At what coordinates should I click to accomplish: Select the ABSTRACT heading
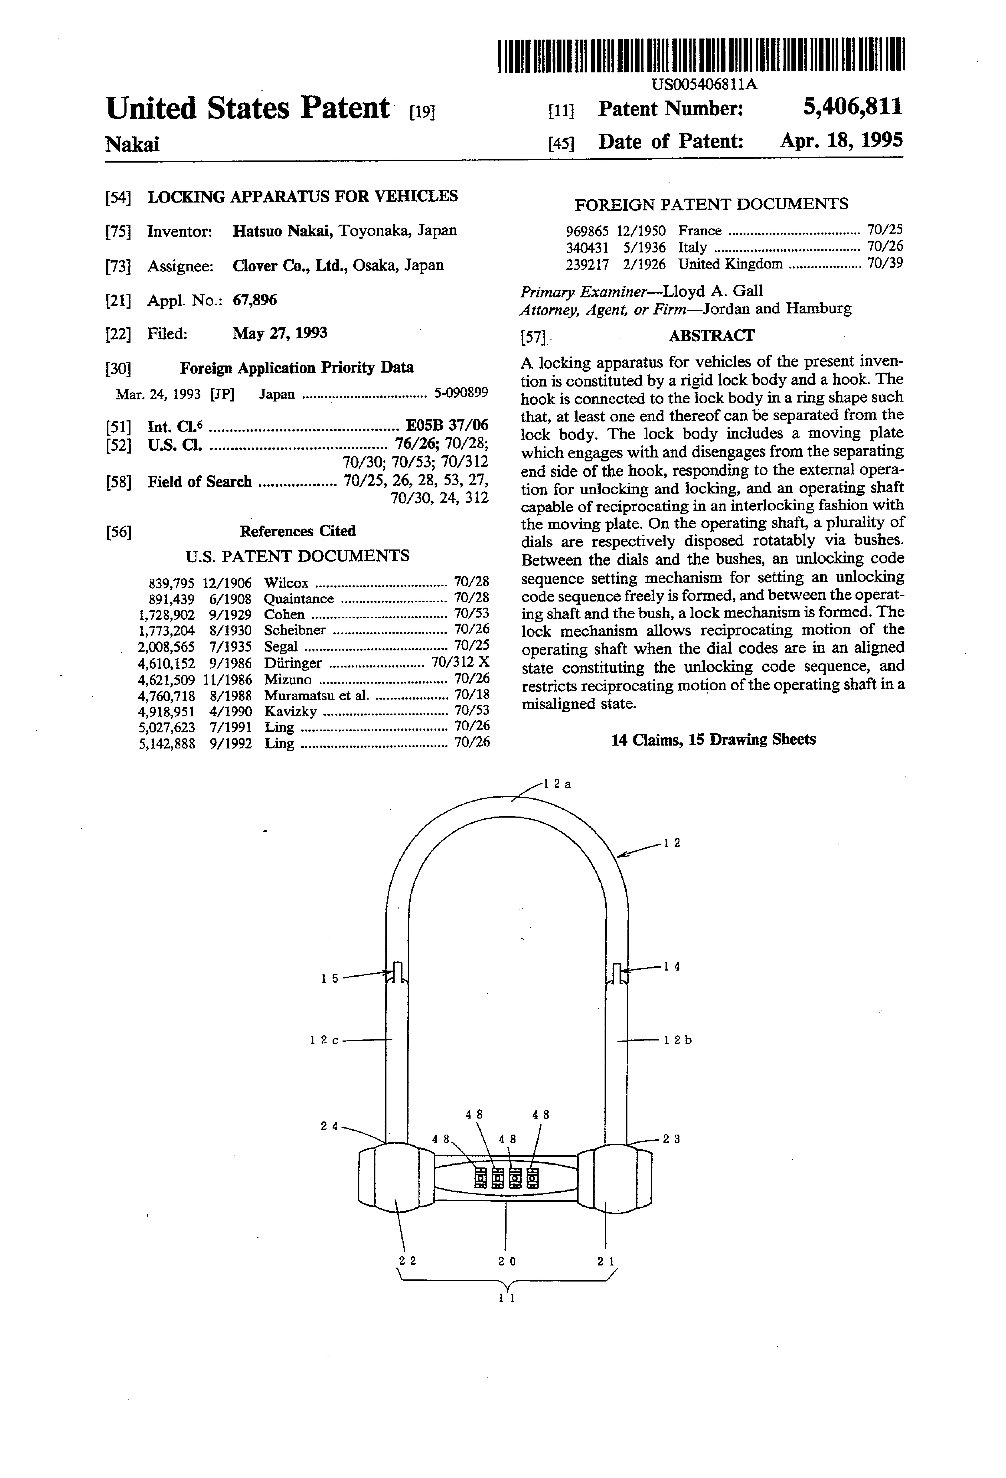711,336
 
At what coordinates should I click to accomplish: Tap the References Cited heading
297,531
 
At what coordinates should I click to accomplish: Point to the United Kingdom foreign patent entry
730,264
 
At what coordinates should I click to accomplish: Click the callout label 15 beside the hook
329,979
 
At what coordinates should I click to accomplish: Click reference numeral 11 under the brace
507,1297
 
